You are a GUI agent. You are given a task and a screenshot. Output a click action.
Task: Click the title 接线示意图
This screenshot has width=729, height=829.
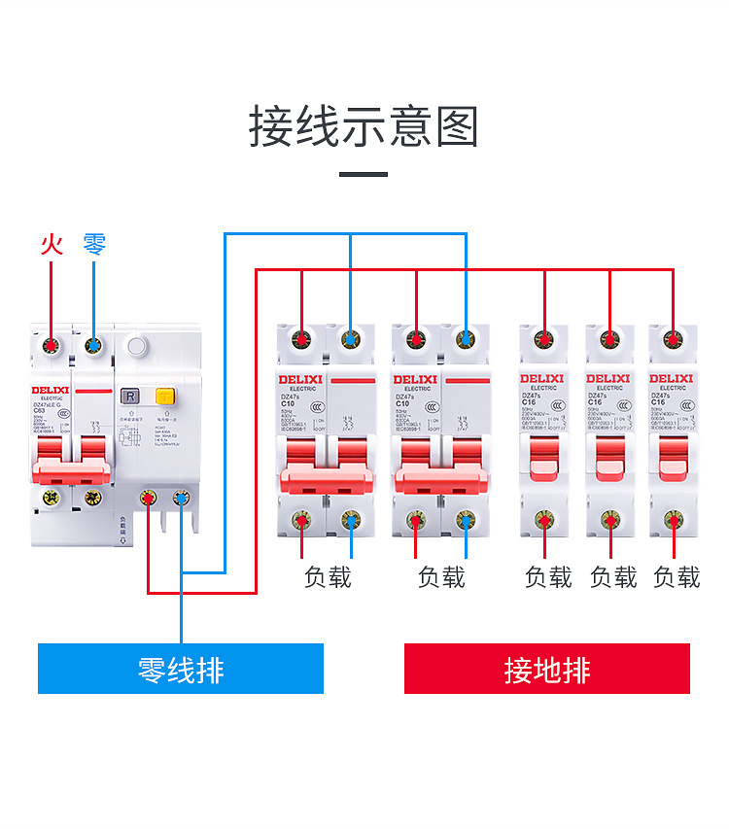coord(364,127)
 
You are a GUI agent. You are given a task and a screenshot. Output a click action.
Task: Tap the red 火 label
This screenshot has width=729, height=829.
coord(52,243)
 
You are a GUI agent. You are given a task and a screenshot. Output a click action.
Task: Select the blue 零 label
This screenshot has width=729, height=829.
coord(94,243)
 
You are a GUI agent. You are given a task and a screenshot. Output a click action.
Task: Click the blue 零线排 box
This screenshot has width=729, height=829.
coord(181,669)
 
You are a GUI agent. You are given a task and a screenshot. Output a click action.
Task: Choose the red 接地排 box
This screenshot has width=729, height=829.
coord(546,669)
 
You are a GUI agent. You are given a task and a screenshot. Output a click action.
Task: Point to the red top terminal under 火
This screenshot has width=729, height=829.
coord(51,343)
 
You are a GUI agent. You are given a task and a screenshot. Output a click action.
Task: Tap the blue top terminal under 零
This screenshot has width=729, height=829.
coord(93,343)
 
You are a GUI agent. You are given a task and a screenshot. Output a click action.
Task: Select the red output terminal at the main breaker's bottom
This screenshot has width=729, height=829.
coord(149,499)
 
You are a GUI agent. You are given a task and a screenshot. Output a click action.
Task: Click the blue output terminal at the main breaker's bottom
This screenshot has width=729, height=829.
coord(182,499)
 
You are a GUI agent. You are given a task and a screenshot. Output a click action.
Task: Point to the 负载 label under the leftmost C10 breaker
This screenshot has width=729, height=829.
coord(328,577)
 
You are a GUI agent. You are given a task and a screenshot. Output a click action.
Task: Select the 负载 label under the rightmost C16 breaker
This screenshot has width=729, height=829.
coord(677,577)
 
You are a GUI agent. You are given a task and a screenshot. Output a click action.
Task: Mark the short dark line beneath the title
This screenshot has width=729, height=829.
coord(364,175)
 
